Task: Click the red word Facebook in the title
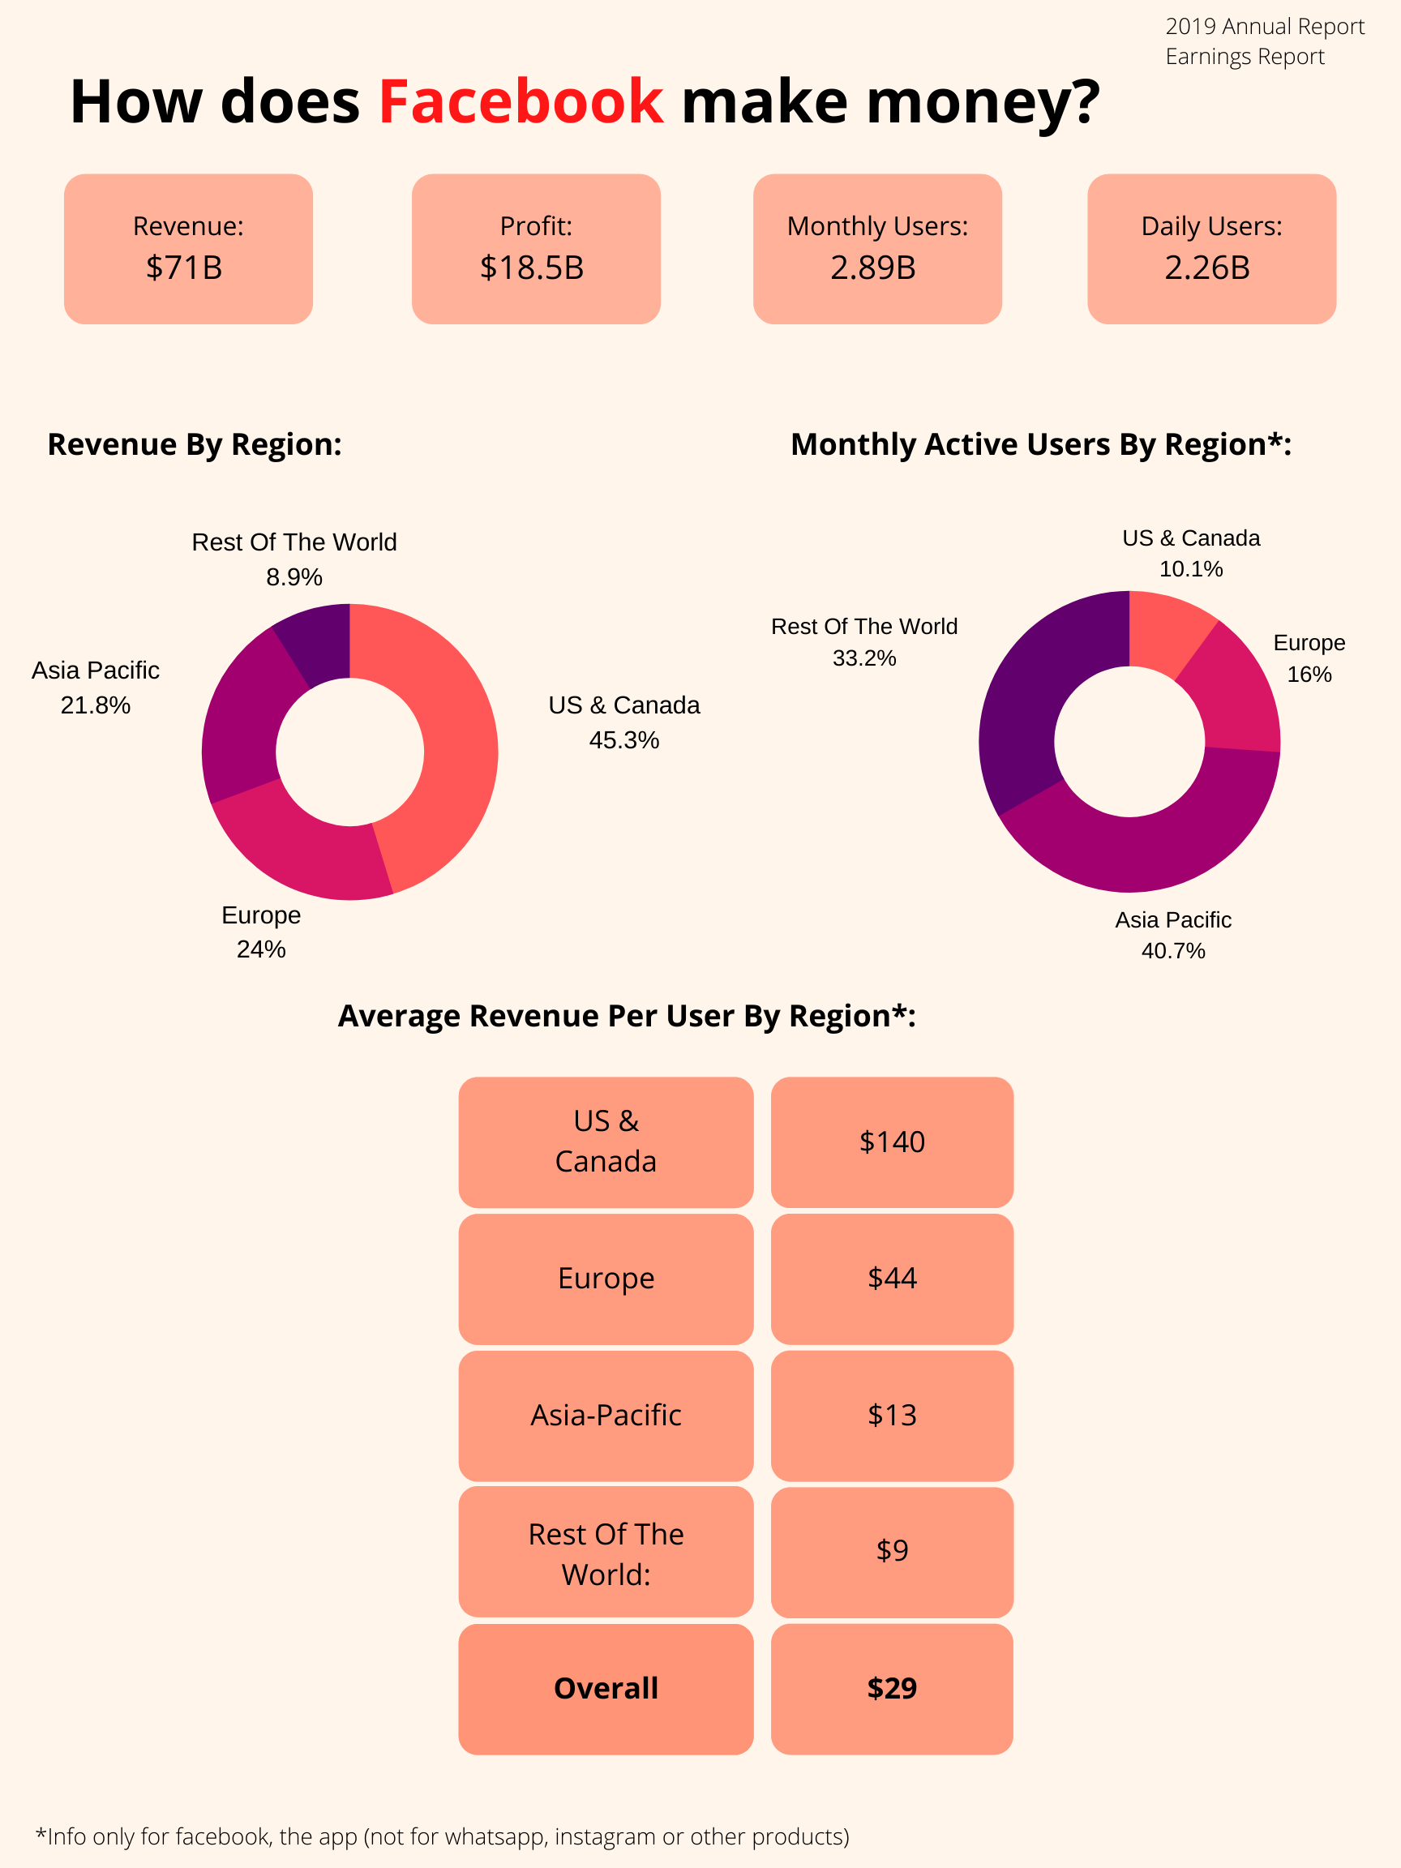click(521, 103)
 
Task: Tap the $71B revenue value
click(184, 268)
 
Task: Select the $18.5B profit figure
click(532, 268)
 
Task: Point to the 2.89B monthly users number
click(873, 268)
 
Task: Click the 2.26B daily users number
click(1207, 268)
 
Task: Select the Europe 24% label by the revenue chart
click(261, 932)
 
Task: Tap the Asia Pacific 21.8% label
click(96, 688)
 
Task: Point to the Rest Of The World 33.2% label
click(864, 642)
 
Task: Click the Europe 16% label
click(1309, 658)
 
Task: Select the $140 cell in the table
click(892, 1142)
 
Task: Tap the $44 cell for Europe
click(892, 1279)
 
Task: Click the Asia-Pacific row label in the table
click(606, 1416)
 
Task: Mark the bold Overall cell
click(606, 1688)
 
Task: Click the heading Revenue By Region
click(195, 444)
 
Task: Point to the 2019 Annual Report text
click(1264, 27)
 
